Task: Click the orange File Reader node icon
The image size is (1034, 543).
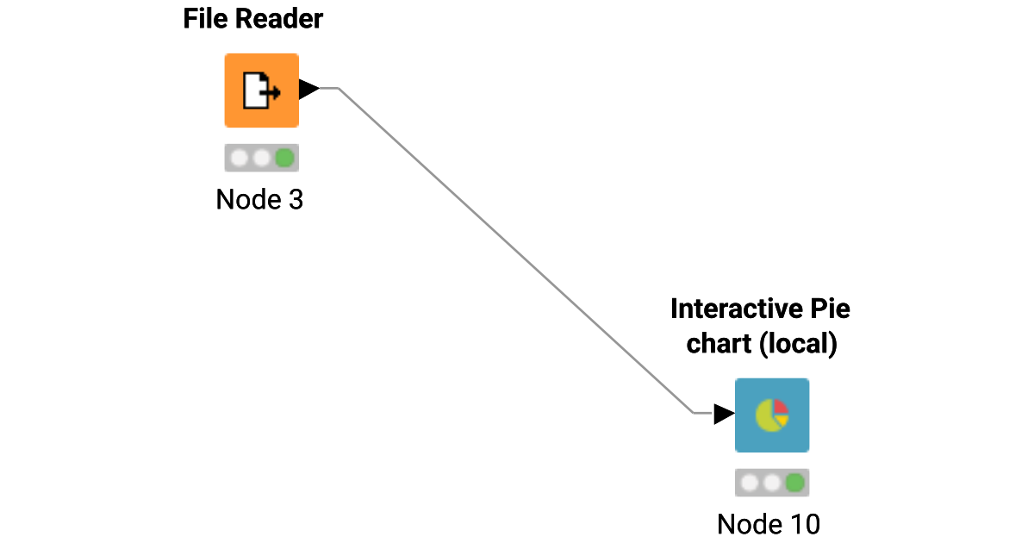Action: pos(261,90)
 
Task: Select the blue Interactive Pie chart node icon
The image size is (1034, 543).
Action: pos(771,415)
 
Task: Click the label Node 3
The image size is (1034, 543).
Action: pos(259,200)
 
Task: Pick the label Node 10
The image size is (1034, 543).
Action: pos(769,523)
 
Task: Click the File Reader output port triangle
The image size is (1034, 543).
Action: pos(308,88)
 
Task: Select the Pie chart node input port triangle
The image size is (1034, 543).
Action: pos(724,414)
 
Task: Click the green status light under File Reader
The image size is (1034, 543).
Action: pos(284,158)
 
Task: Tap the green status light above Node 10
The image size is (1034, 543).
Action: pos(794,482)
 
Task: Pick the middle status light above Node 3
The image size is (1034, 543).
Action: pos(261,158)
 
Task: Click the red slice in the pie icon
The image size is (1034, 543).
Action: pos(781,406)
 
